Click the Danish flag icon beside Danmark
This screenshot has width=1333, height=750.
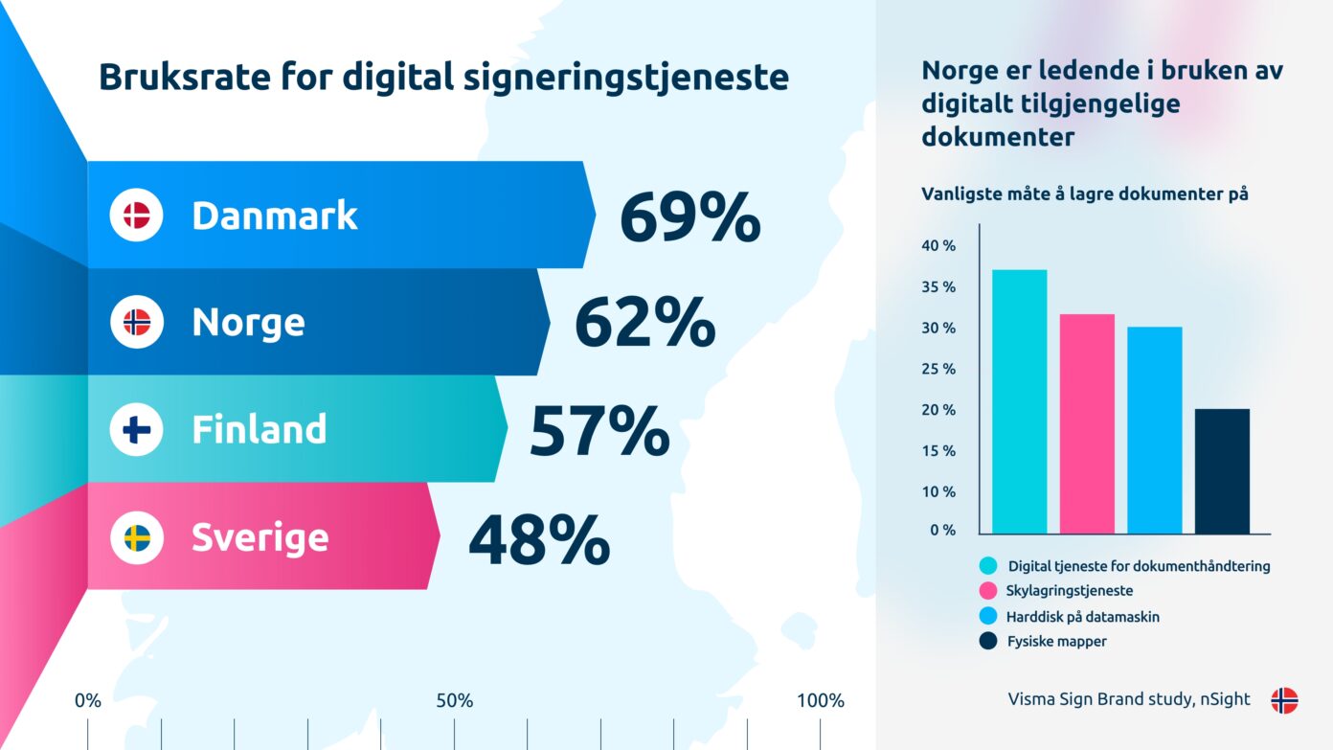(x=137, y=216)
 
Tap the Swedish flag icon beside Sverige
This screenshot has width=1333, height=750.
(x=137, y=537)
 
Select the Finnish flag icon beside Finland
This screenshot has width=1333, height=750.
(x=137, y=430)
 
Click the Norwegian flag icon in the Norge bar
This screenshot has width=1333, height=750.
(x=137, y=323)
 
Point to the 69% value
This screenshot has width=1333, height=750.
(x=689, y=218)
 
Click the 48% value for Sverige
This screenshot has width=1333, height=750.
(x=538, y=540)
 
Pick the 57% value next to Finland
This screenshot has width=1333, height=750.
(x=599, y=432)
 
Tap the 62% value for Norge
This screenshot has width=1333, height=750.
(x=644, y=325)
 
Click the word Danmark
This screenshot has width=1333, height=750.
(x=274, y=216)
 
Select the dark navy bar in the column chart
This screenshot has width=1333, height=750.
(x=1222, y=471)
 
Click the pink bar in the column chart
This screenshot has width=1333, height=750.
(x=1087, y=423)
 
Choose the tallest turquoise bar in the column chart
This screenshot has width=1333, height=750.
(x=1019, y=401)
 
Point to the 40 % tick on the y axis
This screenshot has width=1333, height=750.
(x=938, y=246)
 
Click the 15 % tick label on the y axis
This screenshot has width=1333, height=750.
(x=938, y=451)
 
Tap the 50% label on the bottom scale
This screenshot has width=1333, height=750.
(x=455, y=701)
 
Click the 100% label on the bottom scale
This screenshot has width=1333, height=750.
(x=821, y=701)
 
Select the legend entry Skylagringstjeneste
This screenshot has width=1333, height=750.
(x=1069, y=591)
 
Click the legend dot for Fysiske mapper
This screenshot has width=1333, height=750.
(x=988, y=641)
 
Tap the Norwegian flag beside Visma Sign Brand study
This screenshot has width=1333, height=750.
(x=1284, y=700)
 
